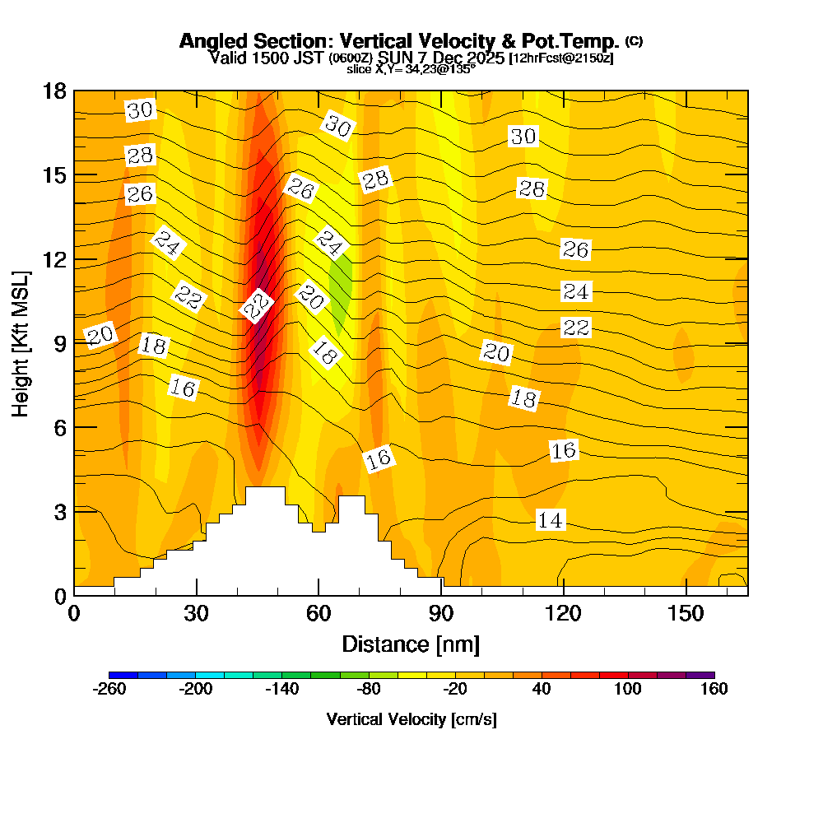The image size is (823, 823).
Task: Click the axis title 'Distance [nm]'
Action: click(411, 644)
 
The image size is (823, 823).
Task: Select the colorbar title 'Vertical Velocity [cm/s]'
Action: click(411, 719)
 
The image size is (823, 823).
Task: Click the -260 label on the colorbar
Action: click(109, 690)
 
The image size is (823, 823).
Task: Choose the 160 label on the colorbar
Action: click(714, 690)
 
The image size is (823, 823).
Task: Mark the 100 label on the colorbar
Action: click(627, 690)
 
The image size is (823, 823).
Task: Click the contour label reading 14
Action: click(551, 520)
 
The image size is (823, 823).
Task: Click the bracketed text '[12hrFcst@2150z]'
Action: click(561, 58)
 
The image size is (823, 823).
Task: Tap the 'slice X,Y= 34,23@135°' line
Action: click(411, 70)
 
